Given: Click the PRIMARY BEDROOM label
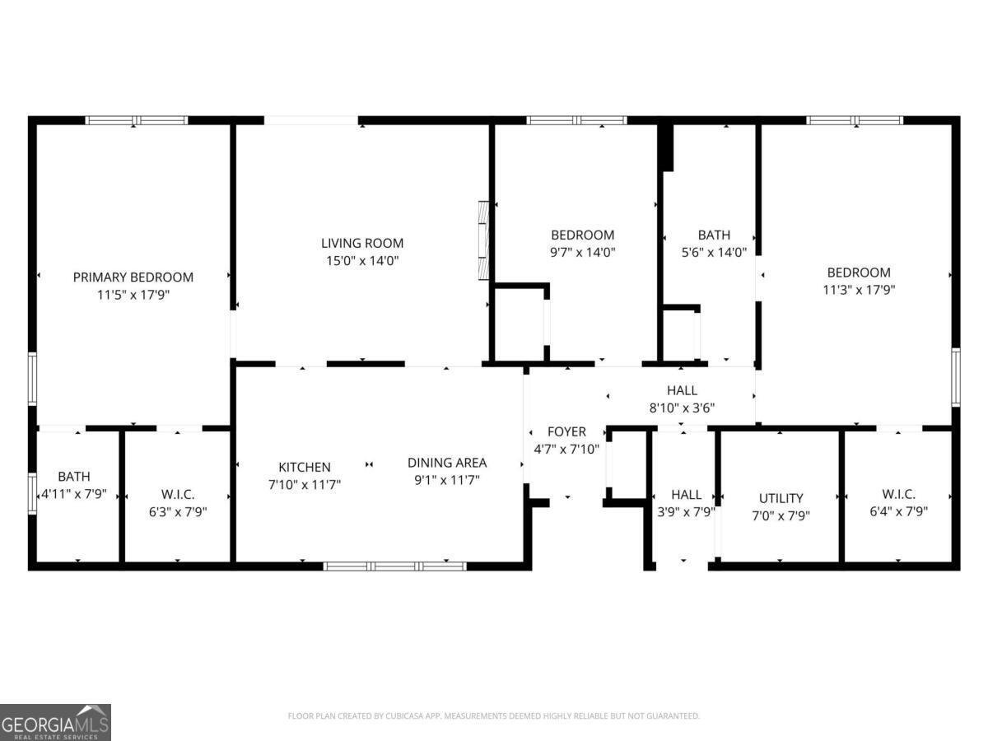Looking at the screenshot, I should pyautogui.click(x=133, y=277).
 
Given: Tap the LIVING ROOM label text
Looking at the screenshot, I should pyautogui.click(x=362, y=243).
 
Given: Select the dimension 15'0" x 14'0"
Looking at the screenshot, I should pyautogui.click(x=362, y=261).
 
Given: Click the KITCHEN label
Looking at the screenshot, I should pyautogui.click(x=305, y=467).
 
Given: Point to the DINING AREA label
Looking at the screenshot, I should pyautogui.click(x=447, y=463).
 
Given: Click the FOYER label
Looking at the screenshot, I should pyautogui.click(x=566, y=431).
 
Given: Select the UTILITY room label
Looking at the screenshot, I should pyautogui.click(x=781, y=498).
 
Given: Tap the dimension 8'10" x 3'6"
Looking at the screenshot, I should pyautogui.click(x=682, y=407).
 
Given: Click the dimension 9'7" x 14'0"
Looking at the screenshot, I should pyautogui.click(x=582, y=253).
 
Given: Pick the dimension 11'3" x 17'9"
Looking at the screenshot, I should pyautogui.click(x=859, y=290).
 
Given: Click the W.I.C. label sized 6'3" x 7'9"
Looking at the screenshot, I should pyautogui.click(x=178, y=494).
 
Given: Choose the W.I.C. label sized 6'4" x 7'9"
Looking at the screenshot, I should pyautogui.click(x=899, y=494).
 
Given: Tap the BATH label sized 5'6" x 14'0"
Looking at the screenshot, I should pyautogui.click(x=714, y=235).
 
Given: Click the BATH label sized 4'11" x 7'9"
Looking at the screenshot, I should pyautogui.click(x=74, y=477).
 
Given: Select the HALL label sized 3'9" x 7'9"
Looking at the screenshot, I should pyautogui.click(x=686, y=494).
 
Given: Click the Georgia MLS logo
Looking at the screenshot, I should pyautogui.click(x=55, y=722).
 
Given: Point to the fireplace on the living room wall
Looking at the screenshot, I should pyautogui.click(x=484, y=240).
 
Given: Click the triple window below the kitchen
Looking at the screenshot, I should pyautogui.click(x=395, y=566).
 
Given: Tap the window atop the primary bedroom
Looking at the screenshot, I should pyautogui.click(x=137, y=120).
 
